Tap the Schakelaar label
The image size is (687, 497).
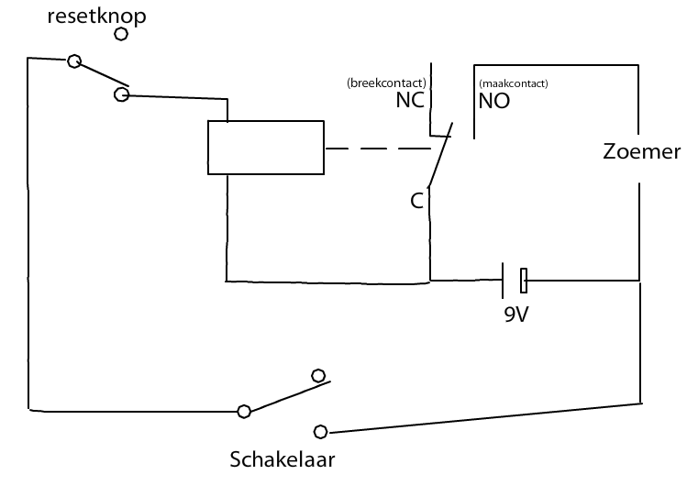pos(282,459)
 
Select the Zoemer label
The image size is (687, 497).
pos(641,152)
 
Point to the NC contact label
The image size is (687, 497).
pos(410,101)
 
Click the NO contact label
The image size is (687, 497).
pos(494,101)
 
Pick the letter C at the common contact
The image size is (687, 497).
pos(416,201)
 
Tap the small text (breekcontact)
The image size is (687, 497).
pos(385,83)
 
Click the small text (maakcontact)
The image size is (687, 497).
pos(513,83)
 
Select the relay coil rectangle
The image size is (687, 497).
pos(265,148)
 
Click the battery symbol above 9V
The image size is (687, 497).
pos(513,279)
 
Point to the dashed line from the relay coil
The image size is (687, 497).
pos(377,149)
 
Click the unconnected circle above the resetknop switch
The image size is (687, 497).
pos(121,35)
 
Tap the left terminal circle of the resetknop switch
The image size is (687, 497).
pos(74,61)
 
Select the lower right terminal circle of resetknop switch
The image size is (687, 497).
pos(121,94)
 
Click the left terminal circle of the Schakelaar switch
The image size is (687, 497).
pos(244,412)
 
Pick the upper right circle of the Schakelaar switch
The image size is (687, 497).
pos(318,375)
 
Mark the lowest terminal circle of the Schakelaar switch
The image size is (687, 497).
pos(320,431)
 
